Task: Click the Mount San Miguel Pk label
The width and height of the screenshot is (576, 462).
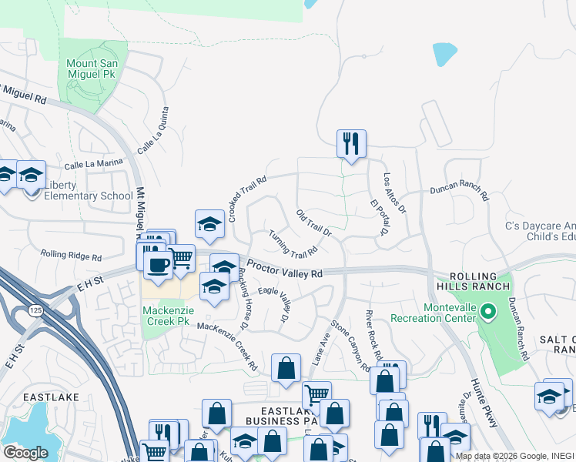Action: tap(92, 69)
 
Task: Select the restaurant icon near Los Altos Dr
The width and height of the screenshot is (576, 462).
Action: tap(351, 142)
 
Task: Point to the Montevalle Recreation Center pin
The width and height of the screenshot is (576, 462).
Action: tap(487, 312)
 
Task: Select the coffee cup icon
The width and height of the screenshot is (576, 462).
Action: tap(159, 265)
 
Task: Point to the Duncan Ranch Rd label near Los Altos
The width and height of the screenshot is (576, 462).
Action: tap(459, 189)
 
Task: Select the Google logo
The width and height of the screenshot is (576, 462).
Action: tap(25, 452)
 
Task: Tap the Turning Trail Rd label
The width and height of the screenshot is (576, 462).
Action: tap(293, 244)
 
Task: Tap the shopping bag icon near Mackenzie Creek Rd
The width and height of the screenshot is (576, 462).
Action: tap(286, 367)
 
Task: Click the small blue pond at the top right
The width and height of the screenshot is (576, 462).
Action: tap(444, 54)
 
